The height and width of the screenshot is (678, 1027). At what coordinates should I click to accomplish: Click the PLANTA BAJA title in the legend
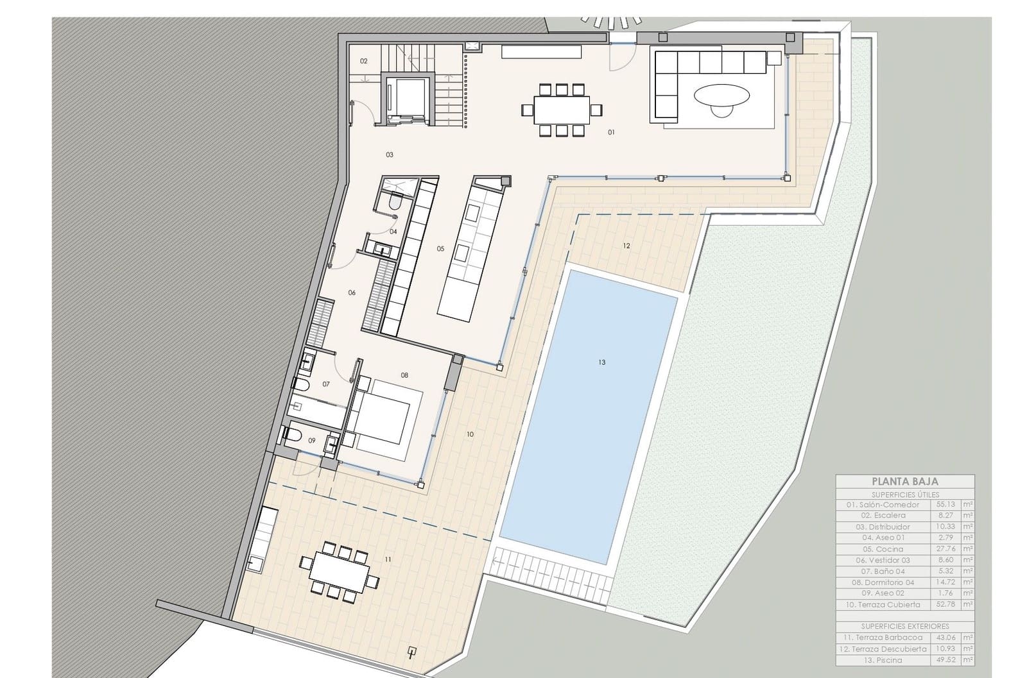(904, 481)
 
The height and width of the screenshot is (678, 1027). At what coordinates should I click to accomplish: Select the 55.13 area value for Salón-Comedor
(946, 505)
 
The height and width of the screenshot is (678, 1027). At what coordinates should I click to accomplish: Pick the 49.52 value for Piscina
(946, 660)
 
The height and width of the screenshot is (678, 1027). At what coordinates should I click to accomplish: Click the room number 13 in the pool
(601, 362)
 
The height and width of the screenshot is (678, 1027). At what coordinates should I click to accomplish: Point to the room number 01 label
(611, 132)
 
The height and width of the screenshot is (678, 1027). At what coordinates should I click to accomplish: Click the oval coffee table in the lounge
(721, 96)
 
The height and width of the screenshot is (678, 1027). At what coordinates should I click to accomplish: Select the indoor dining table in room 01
(562, 110)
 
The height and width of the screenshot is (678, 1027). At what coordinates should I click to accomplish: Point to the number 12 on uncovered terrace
(626, 246)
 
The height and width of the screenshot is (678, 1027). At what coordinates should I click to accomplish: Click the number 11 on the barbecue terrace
(388, 559)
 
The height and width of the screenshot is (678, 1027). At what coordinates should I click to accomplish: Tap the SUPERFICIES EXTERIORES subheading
(904, 626)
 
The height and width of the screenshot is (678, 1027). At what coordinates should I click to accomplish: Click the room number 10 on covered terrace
(470, 434)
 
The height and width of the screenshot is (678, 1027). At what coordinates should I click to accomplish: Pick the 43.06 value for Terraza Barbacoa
(946, 638)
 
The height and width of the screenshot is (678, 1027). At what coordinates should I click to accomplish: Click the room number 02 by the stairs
(363, 62)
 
